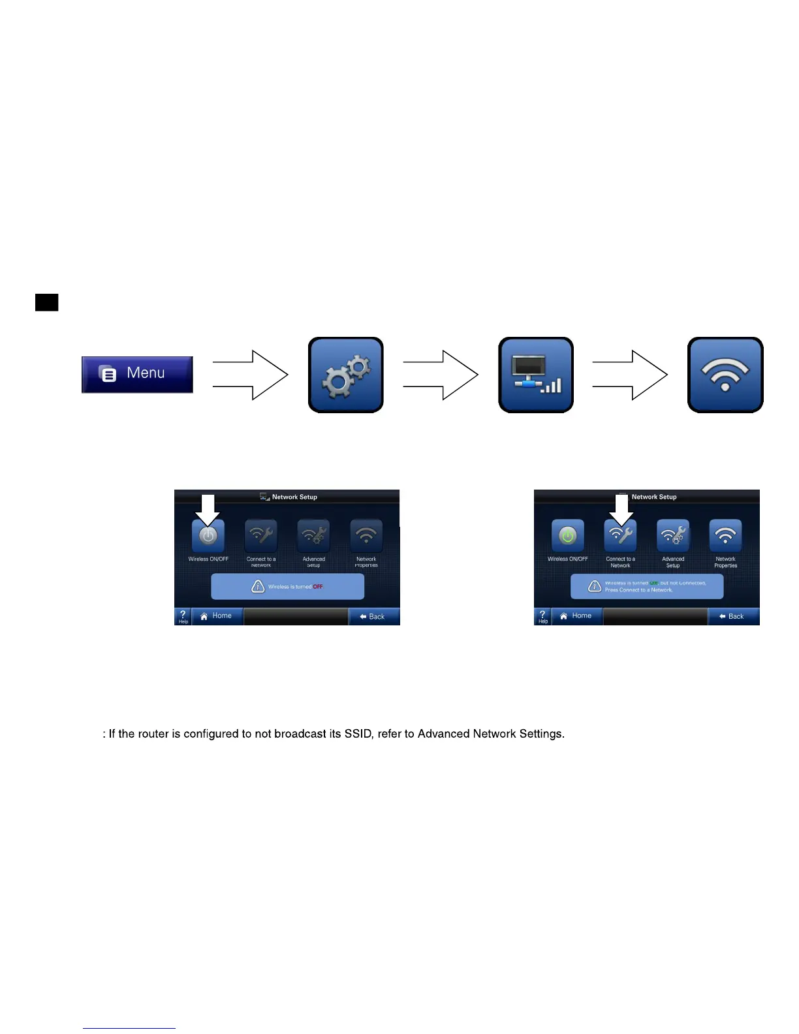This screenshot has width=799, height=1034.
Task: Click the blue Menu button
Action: click(x=137, y=374)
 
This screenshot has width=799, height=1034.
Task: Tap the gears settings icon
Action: click(x=345, y=375)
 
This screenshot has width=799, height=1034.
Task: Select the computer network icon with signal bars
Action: click(x=535, y=375)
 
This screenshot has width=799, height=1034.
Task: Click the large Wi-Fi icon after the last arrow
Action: click(x=725, y=375)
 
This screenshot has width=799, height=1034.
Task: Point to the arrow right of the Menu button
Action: click(x=251, y=375)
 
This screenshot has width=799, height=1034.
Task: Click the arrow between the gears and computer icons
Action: click(x=441, y=375)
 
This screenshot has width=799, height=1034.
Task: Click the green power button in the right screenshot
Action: click(x=568, y=536)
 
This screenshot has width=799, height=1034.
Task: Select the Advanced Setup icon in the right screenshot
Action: click(x=673, y=536)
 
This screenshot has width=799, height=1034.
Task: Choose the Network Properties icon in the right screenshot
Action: click(x=725, y=536)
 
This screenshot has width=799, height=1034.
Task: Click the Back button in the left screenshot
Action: click(x=373, y=616)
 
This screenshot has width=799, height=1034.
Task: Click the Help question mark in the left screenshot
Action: click(x=183, y=616)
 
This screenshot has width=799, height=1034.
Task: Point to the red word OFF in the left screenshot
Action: click(x=318, y=586)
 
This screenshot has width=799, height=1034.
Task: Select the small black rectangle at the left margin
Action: click(x=46, y=302)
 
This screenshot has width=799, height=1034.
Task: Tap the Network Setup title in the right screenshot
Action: click(x=653, y=497)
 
